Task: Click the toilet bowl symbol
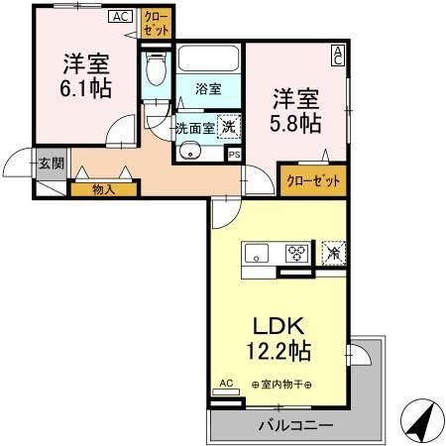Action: pos(156,69)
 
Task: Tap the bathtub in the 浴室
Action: pos(208,57)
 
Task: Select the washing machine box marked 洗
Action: pos(229,127)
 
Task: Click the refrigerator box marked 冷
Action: pos(334,253)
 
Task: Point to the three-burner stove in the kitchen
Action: pos(296,254)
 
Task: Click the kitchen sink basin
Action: pos(257,254)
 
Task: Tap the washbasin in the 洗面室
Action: pos(189,152)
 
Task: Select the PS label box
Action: pos(234,155)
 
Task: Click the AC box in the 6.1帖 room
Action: pos(120,17)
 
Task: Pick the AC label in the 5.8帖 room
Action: pos(338,56)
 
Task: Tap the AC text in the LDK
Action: pos(226,384)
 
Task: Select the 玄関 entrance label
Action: pos(52,164)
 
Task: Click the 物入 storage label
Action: pos(103,189)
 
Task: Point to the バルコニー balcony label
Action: pos(295,425)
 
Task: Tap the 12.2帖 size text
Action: pos(279,351)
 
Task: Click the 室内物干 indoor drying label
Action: pos(281,385)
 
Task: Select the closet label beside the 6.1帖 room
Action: pos(157,24)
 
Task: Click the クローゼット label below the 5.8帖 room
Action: pos(313,180)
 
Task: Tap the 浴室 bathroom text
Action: pos(208,89)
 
